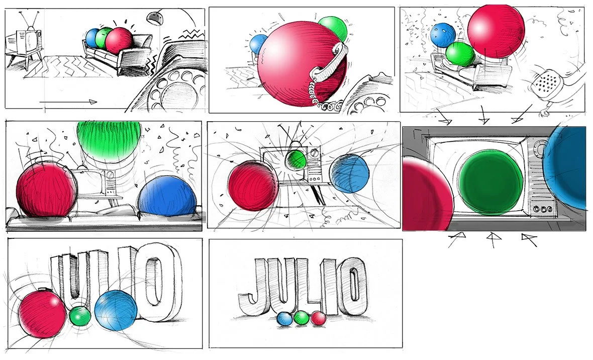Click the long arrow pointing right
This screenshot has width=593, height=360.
point(68,102)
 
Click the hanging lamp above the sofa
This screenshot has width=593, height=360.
point(153,17)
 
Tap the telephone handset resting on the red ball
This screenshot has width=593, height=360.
point(328,62)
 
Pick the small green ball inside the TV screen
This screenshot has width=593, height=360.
point(295,160)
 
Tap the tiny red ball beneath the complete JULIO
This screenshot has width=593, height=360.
point(319,319)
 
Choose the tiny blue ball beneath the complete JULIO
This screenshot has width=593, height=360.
point(285,319)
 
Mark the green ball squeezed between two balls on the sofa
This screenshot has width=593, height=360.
point(104,38)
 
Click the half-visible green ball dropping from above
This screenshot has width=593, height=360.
point(109,138)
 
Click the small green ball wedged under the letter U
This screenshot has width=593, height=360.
point(80,316)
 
